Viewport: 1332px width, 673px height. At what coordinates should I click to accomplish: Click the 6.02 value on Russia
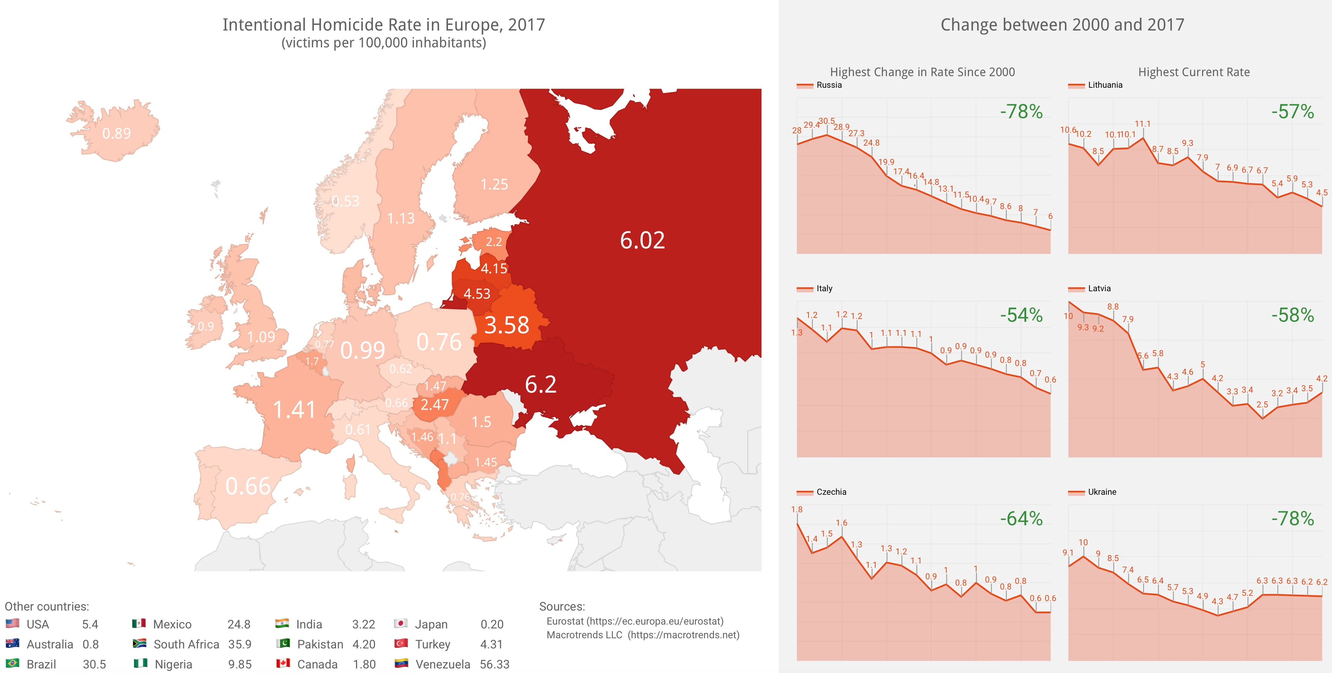pyautogui.click(x=642, y=240)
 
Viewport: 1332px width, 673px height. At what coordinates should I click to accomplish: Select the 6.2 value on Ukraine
pyautogui.click(x=540, y=385)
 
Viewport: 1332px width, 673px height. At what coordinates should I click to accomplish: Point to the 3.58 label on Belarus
pyautogui.click(x=507, y=325)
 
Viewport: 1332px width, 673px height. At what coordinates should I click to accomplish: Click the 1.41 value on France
pyautogui.click(x=294, y=410)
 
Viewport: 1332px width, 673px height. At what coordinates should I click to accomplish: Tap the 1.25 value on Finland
pyautogui.click(x=494, y=185)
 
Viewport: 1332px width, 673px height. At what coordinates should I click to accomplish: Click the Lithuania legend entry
pyautogui.click(x=1104, y=85)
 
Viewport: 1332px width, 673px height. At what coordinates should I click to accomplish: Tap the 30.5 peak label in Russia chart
pyautogui.click(x=826, y=121)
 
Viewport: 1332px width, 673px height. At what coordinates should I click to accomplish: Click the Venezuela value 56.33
pyautogui.click(x=494, y=664)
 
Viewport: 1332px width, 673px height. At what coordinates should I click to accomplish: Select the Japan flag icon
pyautogui.click(x=400, y=624)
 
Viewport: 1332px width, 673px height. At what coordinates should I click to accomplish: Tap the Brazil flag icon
pyautogui.click(x=12, y=663)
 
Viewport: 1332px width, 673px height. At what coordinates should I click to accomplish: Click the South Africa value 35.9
pyautogui.click(x=239, y=645)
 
